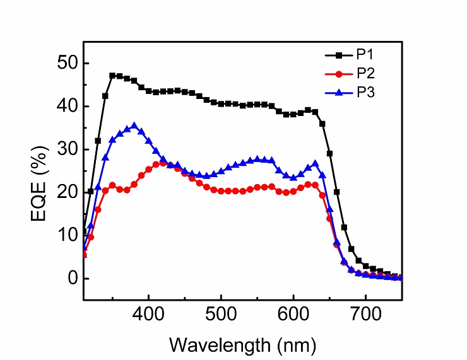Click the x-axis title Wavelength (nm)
coord(243,344)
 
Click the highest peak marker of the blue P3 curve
coord(134,126)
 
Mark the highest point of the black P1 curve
coord(112,76)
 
